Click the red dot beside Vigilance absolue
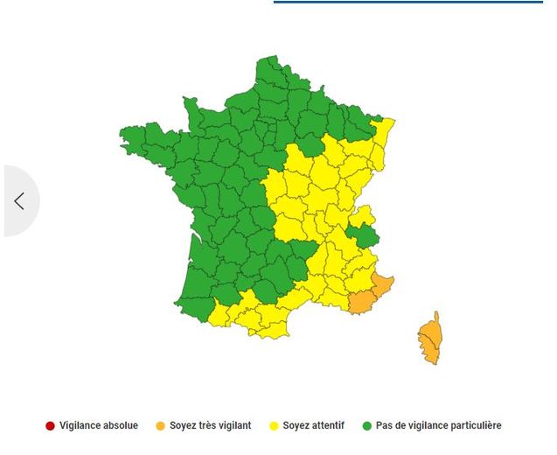click(50, 426)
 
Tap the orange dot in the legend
click(160, 426)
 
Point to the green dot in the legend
click(367, 426)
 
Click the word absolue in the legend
click(121, 426)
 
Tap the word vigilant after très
click(233, 426)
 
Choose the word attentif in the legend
click(325, 426)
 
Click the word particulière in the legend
click(473, 426)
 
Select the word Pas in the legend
click(385, 426)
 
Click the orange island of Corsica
click(428, 339)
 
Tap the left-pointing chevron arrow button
click(19, 200)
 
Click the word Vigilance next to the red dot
click(81, 426)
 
